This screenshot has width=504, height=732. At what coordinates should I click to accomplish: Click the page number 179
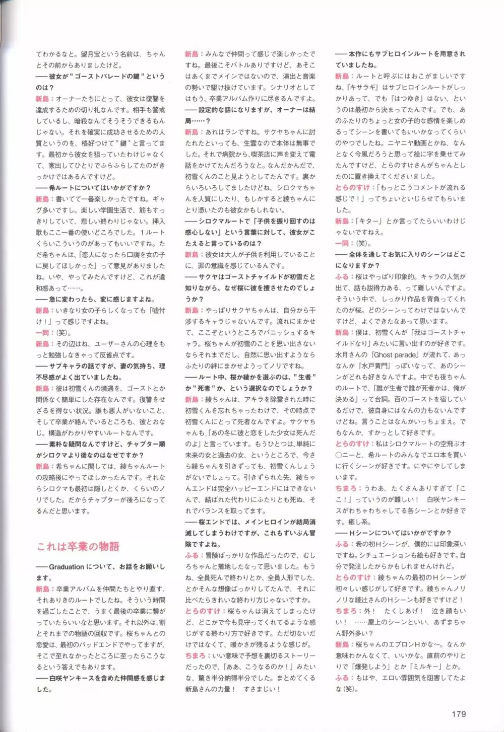click(x=459, y=713)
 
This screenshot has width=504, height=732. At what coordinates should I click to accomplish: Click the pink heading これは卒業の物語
click(x=78, y=546)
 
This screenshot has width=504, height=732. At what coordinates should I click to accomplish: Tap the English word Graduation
click(x=67, y=567)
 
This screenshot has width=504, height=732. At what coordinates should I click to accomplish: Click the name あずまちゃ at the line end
click(x=449, y=622)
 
